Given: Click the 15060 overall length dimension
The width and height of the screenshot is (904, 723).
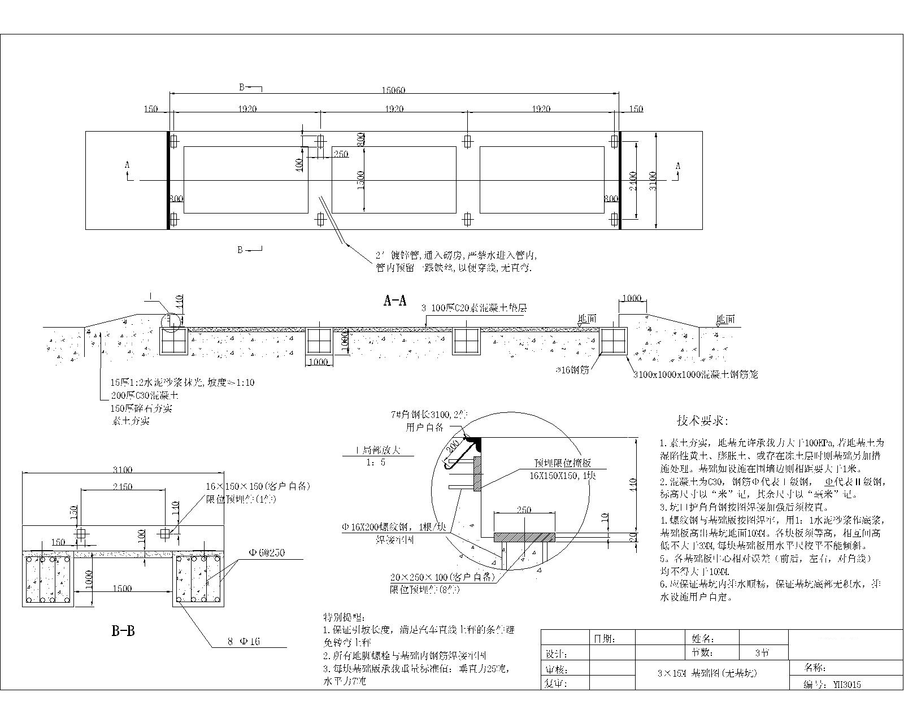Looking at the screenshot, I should click(x=394, y=90).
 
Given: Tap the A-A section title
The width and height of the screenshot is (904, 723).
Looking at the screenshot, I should click(x=395, y=301).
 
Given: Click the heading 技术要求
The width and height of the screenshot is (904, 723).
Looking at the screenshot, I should click(x=702, y=421).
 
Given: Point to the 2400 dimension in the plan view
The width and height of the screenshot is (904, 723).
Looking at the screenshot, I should click(x=633, y=181).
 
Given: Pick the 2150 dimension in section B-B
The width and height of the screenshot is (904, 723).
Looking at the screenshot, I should click(x=123, y=486).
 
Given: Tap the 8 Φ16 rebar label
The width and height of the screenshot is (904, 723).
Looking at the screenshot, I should click(x=244, y=642).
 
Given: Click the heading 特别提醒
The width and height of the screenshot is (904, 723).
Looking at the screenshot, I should click(x=344, y=616).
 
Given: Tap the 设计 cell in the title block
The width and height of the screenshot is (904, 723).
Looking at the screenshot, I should click(x=556, y=654).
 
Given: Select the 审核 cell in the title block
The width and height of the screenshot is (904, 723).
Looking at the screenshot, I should click(x=556, y=669).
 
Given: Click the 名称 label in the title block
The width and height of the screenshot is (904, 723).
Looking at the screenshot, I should click(x=815, y=668).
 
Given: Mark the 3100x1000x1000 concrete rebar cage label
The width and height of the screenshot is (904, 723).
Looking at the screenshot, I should click(x=694, y=374).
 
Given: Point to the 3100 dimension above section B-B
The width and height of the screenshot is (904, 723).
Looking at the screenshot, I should click(x=123, y=469).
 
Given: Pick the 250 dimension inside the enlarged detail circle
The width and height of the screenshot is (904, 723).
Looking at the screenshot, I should click(x=524, y=510).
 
